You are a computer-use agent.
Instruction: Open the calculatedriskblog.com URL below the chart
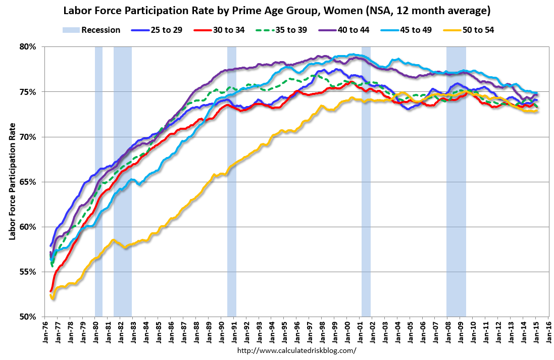[x=296, y=350]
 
